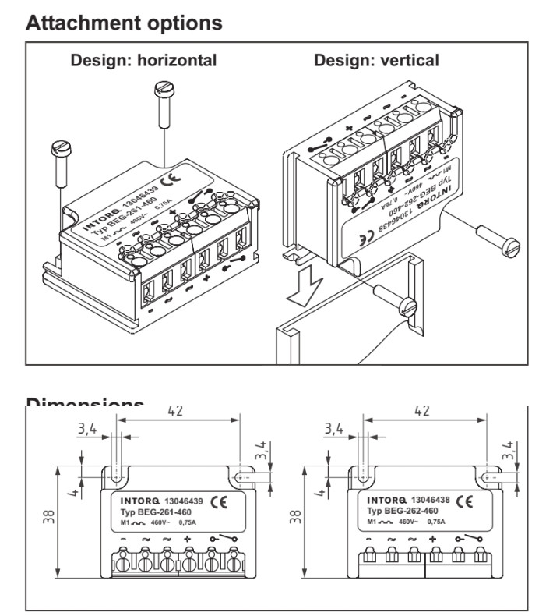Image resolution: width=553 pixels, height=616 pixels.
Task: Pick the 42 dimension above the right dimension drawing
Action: tap(420, 410)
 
